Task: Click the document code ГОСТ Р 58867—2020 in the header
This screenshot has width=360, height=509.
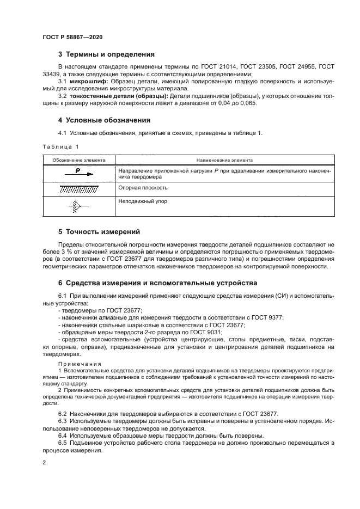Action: [72, 36]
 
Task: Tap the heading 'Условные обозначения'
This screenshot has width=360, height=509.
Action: [108, 120]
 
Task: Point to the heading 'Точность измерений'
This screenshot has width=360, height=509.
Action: [103, 232]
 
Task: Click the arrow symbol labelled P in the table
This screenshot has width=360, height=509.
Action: [79, 173]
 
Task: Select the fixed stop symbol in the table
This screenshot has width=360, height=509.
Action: [76, 206]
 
